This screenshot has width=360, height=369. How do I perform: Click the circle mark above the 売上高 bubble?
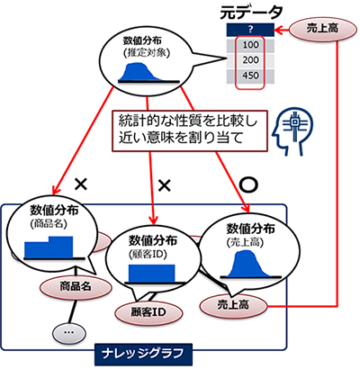click(x=249, y=183)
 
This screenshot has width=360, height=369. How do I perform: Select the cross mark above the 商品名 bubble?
click(x=80, y=184)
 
